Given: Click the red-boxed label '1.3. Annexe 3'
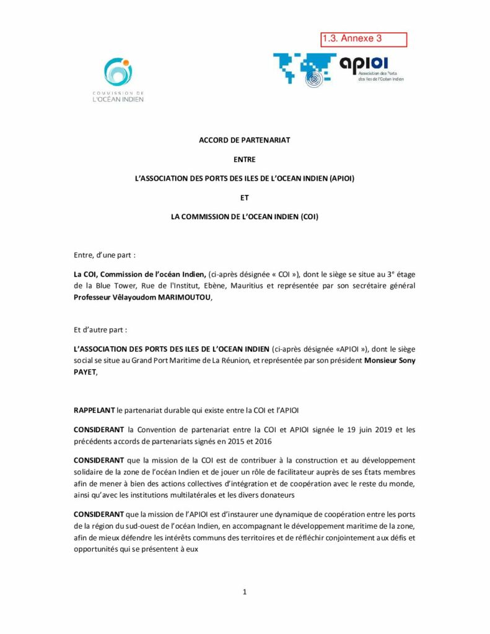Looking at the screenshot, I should pyautogui.click(x=363, y=40).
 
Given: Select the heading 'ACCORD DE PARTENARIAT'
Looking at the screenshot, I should pyautogui.click(x=244, y=140).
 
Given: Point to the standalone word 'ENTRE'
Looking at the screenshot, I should pyautogui.click(x=244, y=159).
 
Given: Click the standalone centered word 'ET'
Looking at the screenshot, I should pyautogui.click(x=244, y=198).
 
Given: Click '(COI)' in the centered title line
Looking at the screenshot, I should pyautogui.click(x=308, y=217).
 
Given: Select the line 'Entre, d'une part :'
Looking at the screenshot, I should pyautogui.click(x=105, y=254).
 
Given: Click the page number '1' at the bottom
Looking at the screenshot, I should pyautogui.click(x=245, y=592).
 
